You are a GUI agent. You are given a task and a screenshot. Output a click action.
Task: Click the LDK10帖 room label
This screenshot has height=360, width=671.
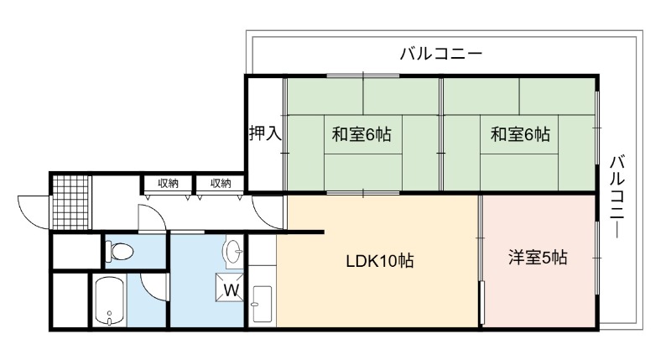380,261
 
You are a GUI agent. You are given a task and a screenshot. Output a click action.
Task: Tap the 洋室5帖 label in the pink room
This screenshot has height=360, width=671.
538,258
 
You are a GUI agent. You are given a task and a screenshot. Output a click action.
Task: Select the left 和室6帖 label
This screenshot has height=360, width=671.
362,134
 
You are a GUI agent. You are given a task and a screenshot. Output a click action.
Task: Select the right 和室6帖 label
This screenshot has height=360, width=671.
520,134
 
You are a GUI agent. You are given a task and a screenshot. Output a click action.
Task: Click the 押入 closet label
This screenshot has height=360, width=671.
265,133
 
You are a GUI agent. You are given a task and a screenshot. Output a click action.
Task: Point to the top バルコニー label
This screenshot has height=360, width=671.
441,54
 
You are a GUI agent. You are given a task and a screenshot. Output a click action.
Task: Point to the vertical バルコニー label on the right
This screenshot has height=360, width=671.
618,197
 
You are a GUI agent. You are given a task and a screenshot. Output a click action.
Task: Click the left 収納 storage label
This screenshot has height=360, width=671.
169,184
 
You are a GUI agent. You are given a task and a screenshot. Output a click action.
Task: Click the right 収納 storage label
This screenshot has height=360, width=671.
221,184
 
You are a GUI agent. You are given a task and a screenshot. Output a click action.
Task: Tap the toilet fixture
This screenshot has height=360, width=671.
119,251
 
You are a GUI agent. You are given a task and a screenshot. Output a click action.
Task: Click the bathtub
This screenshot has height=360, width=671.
110,301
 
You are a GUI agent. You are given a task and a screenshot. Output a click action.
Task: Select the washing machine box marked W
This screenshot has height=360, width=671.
230,287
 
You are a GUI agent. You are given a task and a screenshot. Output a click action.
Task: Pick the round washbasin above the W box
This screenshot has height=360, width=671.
233,251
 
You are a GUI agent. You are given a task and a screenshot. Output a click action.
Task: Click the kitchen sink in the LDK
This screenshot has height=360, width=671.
262,304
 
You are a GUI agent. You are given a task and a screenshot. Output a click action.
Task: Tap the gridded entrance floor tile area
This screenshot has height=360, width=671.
71,202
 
